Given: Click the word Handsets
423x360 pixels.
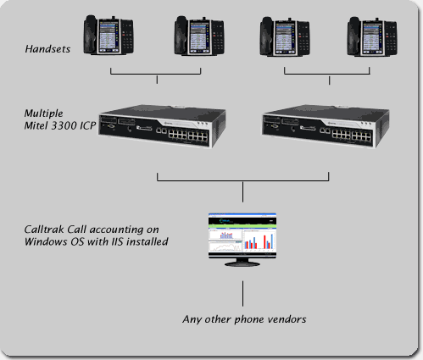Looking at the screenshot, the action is point(47,49).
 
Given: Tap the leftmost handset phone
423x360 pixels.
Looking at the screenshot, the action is point(109,35).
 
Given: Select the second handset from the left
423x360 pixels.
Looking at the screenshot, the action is point(199,36).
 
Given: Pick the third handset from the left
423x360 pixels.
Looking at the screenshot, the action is point(285,36).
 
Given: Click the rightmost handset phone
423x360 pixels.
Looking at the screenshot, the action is point(372,36).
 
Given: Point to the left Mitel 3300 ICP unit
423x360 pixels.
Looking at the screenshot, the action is point(162,126).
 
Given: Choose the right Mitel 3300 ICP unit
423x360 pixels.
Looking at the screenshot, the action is point(326,126).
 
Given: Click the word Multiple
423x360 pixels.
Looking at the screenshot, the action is point(44,114).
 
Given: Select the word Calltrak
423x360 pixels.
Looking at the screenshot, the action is point(44,230).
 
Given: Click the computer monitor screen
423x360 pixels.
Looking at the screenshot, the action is point(242,235).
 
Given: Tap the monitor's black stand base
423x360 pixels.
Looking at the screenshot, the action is point(242,264).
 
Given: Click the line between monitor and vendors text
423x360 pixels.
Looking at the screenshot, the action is point(242,293).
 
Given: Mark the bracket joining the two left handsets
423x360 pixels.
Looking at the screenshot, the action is point(156,74).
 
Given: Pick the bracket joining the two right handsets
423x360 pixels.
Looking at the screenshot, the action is point(327,74).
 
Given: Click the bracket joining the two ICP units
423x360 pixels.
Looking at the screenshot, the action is point(242,180).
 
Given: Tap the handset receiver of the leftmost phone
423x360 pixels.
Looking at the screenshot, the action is point(91,34).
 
